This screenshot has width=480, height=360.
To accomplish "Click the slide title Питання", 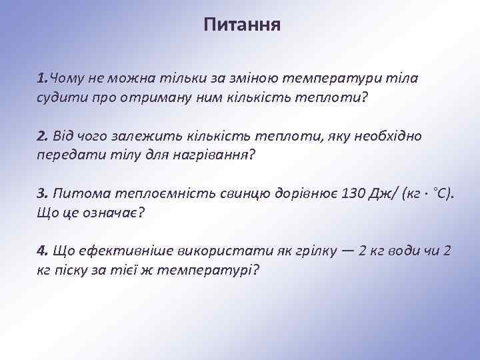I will click(x=243, y=25).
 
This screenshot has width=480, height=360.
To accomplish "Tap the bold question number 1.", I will click(x=42, y=79).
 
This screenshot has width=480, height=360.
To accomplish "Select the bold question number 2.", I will click(x=43, y=137).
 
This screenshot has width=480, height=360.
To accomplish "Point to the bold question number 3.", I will click(x=43, y=194).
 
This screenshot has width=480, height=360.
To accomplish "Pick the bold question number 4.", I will click(x=43, y=251).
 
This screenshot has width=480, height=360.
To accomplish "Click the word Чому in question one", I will click(x=65, y=79).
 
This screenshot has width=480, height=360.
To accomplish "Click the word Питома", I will click(x=79, y=194).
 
